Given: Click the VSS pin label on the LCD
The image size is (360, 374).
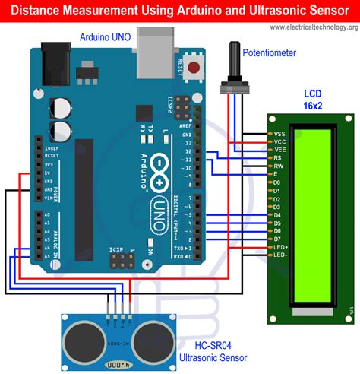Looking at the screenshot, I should coord(279,134).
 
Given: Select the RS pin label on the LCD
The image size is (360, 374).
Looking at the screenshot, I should coord(279,157).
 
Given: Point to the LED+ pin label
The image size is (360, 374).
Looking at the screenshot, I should coord(280,246).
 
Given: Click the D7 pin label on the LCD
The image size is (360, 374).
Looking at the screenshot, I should coord(278,239).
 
